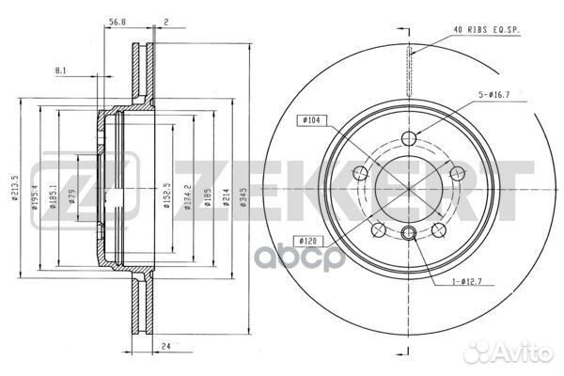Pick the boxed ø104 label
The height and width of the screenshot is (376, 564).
click(311, 120)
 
